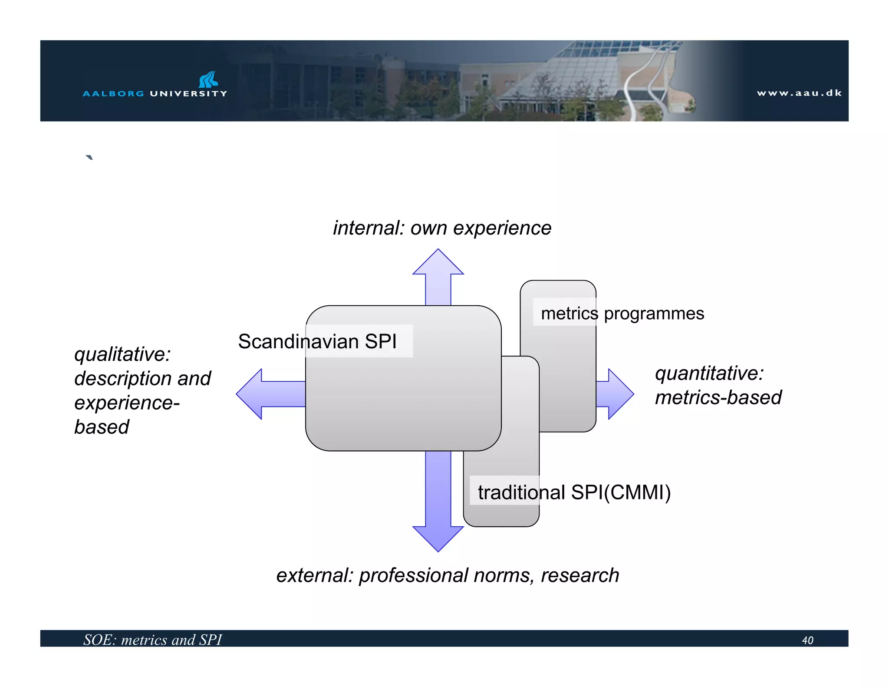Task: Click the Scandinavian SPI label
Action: tap(317, 341)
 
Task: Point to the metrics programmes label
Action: tap(622, 314)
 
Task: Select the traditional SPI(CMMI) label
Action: tap(574, 492)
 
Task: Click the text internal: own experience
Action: tap(442, 228)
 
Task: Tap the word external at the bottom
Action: tap(314, 575)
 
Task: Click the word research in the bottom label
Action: tap(579, 575)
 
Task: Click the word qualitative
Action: tap(122, 354)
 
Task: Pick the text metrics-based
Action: tap(718, 398)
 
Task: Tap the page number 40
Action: tap(807, 640)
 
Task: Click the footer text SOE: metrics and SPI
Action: tap(152, 640)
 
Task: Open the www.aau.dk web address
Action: tap(799, 93)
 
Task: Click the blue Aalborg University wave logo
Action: tap(208, 79)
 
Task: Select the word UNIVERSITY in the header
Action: tap(188, 93)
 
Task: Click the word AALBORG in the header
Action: tap(113, 93)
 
